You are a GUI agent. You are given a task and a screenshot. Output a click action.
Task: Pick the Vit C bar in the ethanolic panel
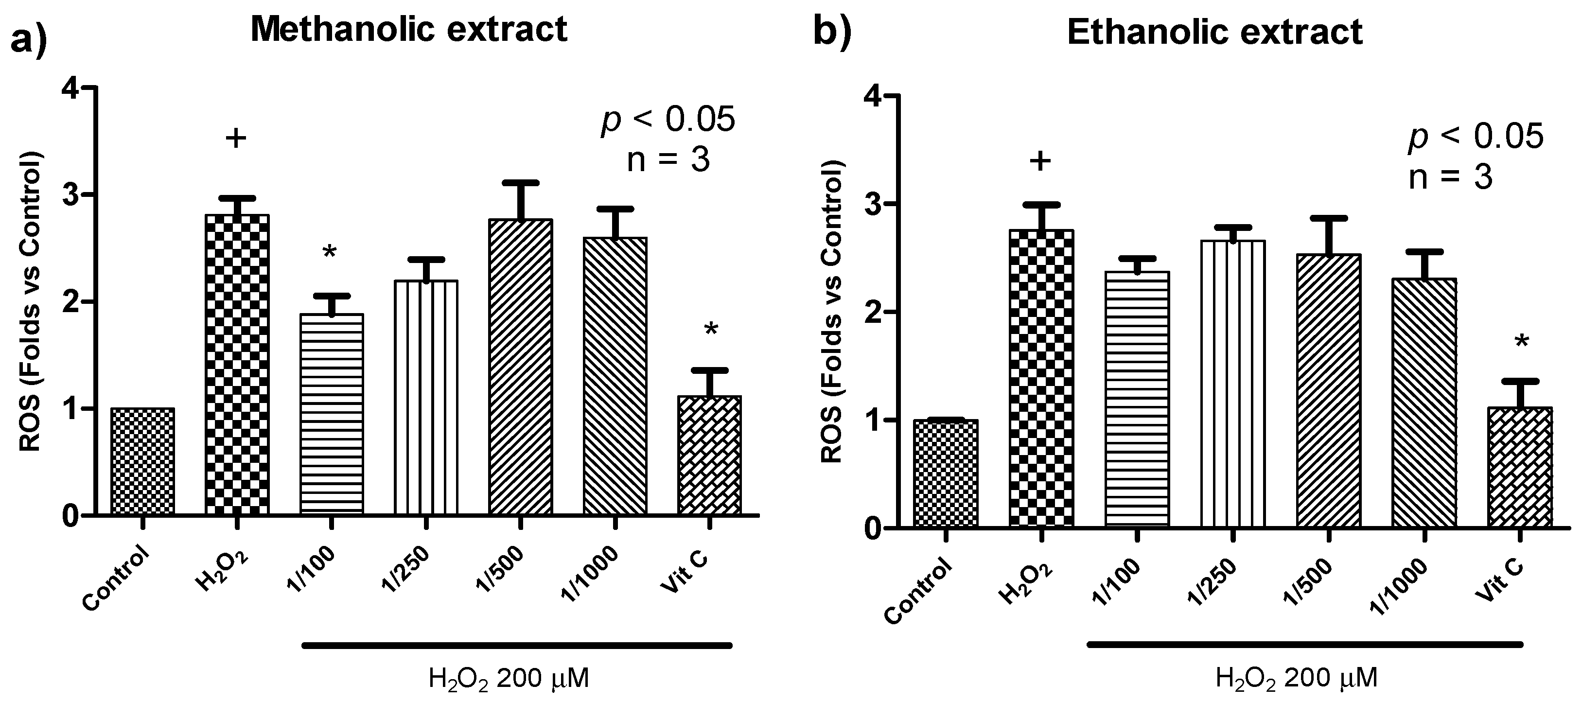pos(1520,467)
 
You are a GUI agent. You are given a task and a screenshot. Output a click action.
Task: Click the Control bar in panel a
pos(142,461)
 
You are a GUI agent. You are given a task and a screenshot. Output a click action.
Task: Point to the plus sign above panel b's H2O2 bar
pos(1040,161)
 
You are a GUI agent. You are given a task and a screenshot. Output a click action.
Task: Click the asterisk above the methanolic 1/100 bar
pos(330,252)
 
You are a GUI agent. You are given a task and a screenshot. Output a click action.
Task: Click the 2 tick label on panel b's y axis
pos(873,312)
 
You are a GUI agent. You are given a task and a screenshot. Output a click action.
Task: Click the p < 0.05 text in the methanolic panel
pos(668,120)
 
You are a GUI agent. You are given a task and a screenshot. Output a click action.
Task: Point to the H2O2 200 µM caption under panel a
pos(509,679)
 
